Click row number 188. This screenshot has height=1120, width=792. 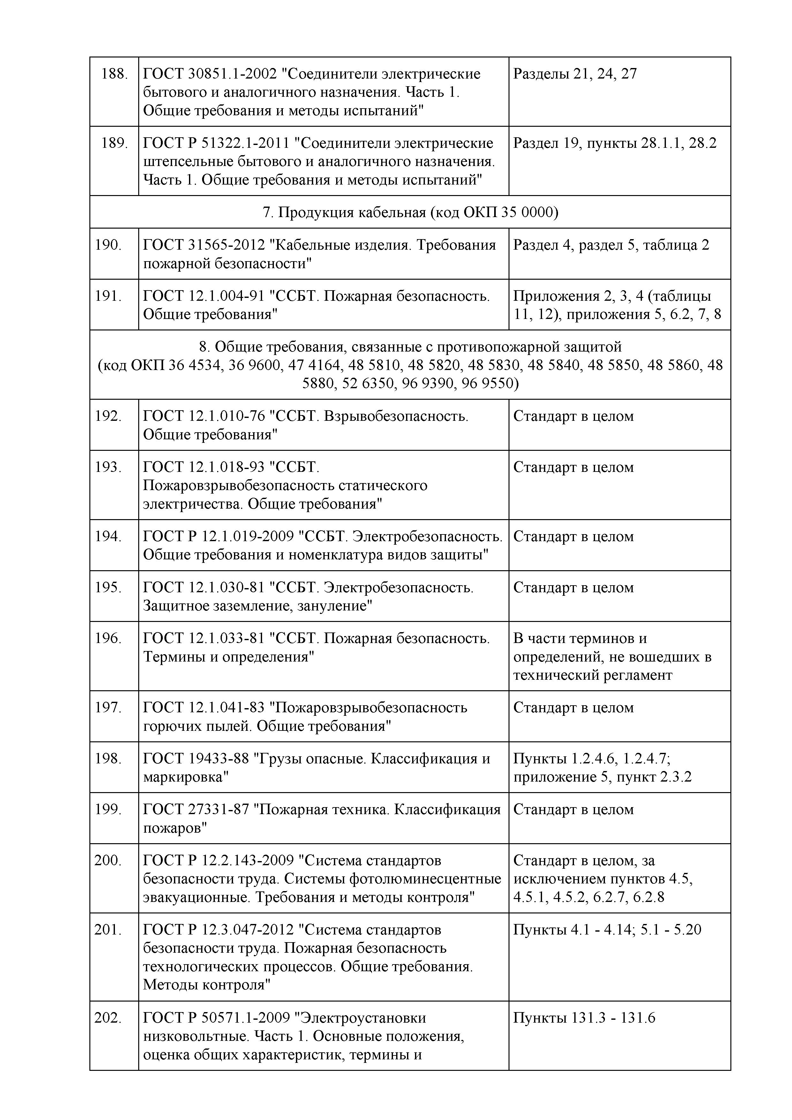coord(114,74)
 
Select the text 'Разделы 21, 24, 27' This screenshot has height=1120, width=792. coord(575,74)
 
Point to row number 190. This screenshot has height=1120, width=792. coord(108,245)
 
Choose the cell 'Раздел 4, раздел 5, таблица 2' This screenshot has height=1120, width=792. coord(611,245)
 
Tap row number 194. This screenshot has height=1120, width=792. coord(108,537)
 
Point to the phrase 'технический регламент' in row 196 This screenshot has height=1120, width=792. coord(592,675)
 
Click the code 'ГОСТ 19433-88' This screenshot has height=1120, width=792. coord(195,759)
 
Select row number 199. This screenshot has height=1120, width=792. coord(108,809)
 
